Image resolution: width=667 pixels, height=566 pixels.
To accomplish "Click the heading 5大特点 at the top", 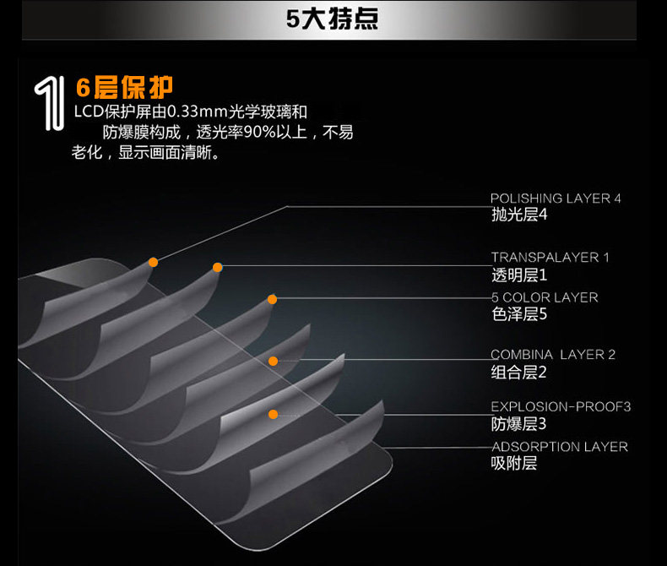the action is click(x=332, y=19).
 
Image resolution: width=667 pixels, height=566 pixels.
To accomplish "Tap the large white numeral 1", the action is click(x=50, y=104).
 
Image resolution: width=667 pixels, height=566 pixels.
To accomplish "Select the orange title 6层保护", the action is click(x=124, y=87).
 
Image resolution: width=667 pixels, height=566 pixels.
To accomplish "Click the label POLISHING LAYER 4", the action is click(x=556, y=199).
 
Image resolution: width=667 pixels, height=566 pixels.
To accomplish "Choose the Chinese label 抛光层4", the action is click(x=519, y=215).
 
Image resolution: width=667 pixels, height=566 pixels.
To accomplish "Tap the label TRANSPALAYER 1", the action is click(x=550, y=258).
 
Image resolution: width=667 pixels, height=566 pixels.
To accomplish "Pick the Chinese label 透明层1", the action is click(x=519, y=275).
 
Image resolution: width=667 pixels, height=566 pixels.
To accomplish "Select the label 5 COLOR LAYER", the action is click(x=545, y=297).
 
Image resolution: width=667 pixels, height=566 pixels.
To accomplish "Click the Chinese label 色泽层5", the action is click(x=519, y=314).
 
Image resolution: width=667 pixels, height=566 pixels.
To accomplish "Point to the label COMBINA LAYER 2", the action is click(x=553, y=355).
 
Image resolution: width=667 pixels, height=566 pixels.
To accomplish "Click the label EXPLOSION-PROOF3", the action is click(x=561, y=407).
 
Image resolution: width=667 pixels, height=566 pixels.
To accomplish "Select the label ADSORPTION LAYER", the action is click(x=560, y=447).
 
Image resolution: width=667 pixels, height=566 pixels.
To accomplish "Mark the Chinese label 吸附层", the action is click(x=514, y=463).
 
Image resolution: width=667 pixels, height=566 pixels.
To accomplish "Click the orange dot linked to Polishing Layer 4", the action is click(x=153, y=262).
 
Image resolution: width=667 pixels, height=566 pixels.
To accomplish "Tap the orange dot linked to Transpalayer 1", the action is click(x=217, y=267).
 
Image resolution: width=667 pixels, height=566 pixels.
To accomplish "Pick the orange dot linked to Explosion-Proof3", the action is click(x=274, y=414).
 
